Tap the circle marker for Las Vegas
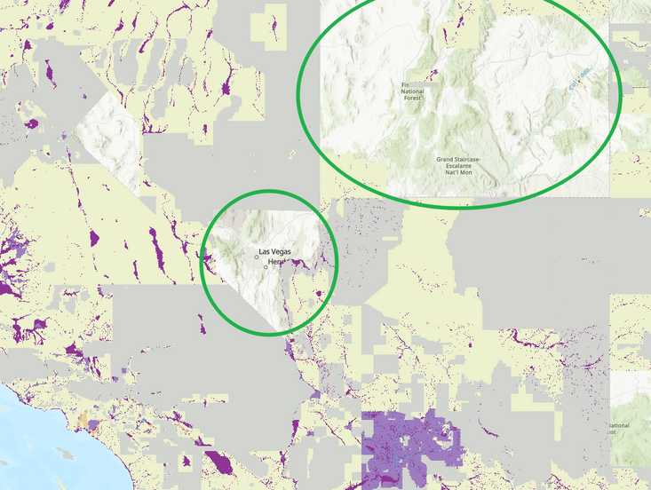258,257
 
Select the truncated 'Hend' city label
276,262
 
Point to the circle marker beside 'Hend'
266,267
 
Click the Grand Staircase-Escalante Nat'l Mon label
457,166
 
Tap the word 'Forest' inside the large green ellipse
411,99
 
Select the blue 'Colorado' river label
578,79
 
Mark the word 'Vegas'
282,253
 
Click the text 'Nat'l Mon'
457,171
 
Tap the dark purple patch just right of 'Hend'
302,263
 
